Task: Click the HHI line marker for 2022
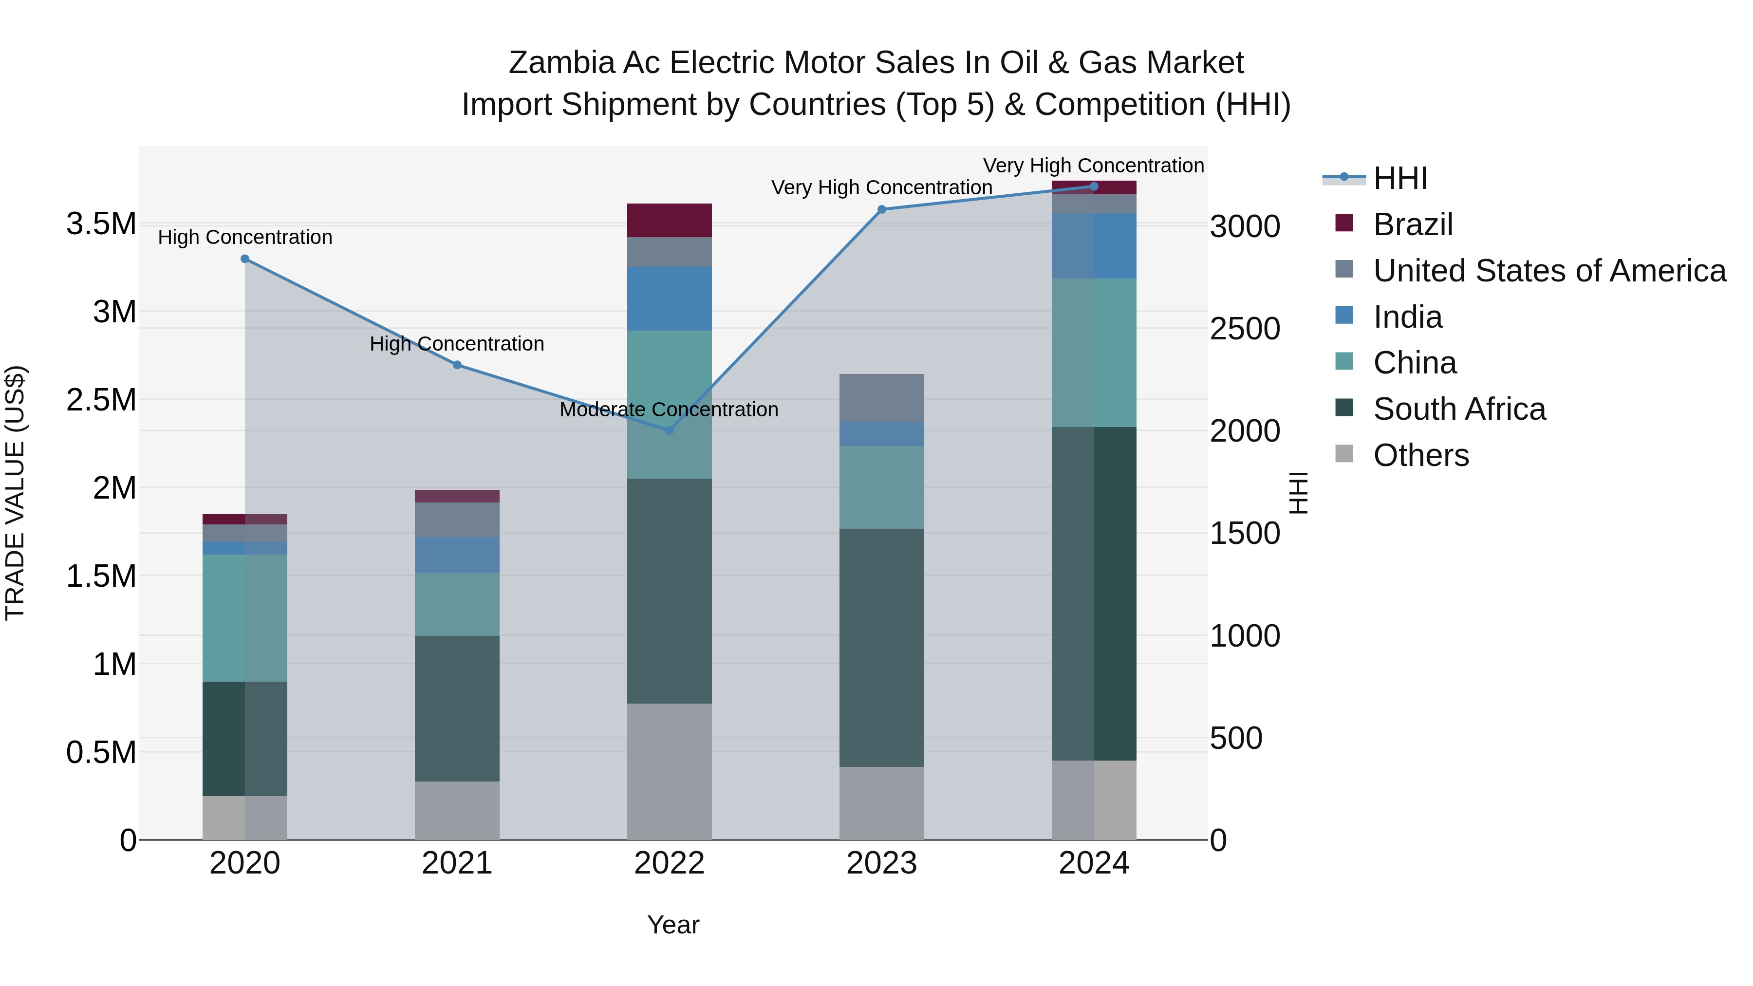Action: tap(669, 430)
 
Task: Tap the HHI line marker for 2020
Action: tap(245, 259)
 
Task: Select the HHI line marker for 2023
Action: tap(882, 209)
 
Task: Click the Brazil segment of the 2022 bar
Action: tap(669, 220)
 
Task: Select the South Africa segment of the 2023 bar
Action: tap(881, 647)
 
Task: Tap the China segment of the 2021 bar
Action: tap(457, 604)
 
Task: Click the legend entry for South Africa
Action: tap(1459, 409)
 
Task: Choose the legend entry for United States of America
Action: tap(1549, 271)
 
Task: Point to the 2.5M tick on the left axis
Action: tap(101, 399)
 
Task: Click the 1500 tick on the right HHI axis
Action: tap(1245, 534)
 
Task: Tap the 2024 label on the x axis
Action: tap(1094, 863)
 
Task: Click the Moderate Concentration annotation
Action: tap(669, 409)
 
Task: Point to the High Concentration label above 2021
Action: tap(457, 344)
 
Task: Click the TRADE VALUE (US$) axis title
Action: tap(15, 493)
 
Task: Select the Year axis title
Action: tap(673, 925)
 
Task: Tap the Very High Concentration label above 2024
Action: tap(1094, 166)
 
